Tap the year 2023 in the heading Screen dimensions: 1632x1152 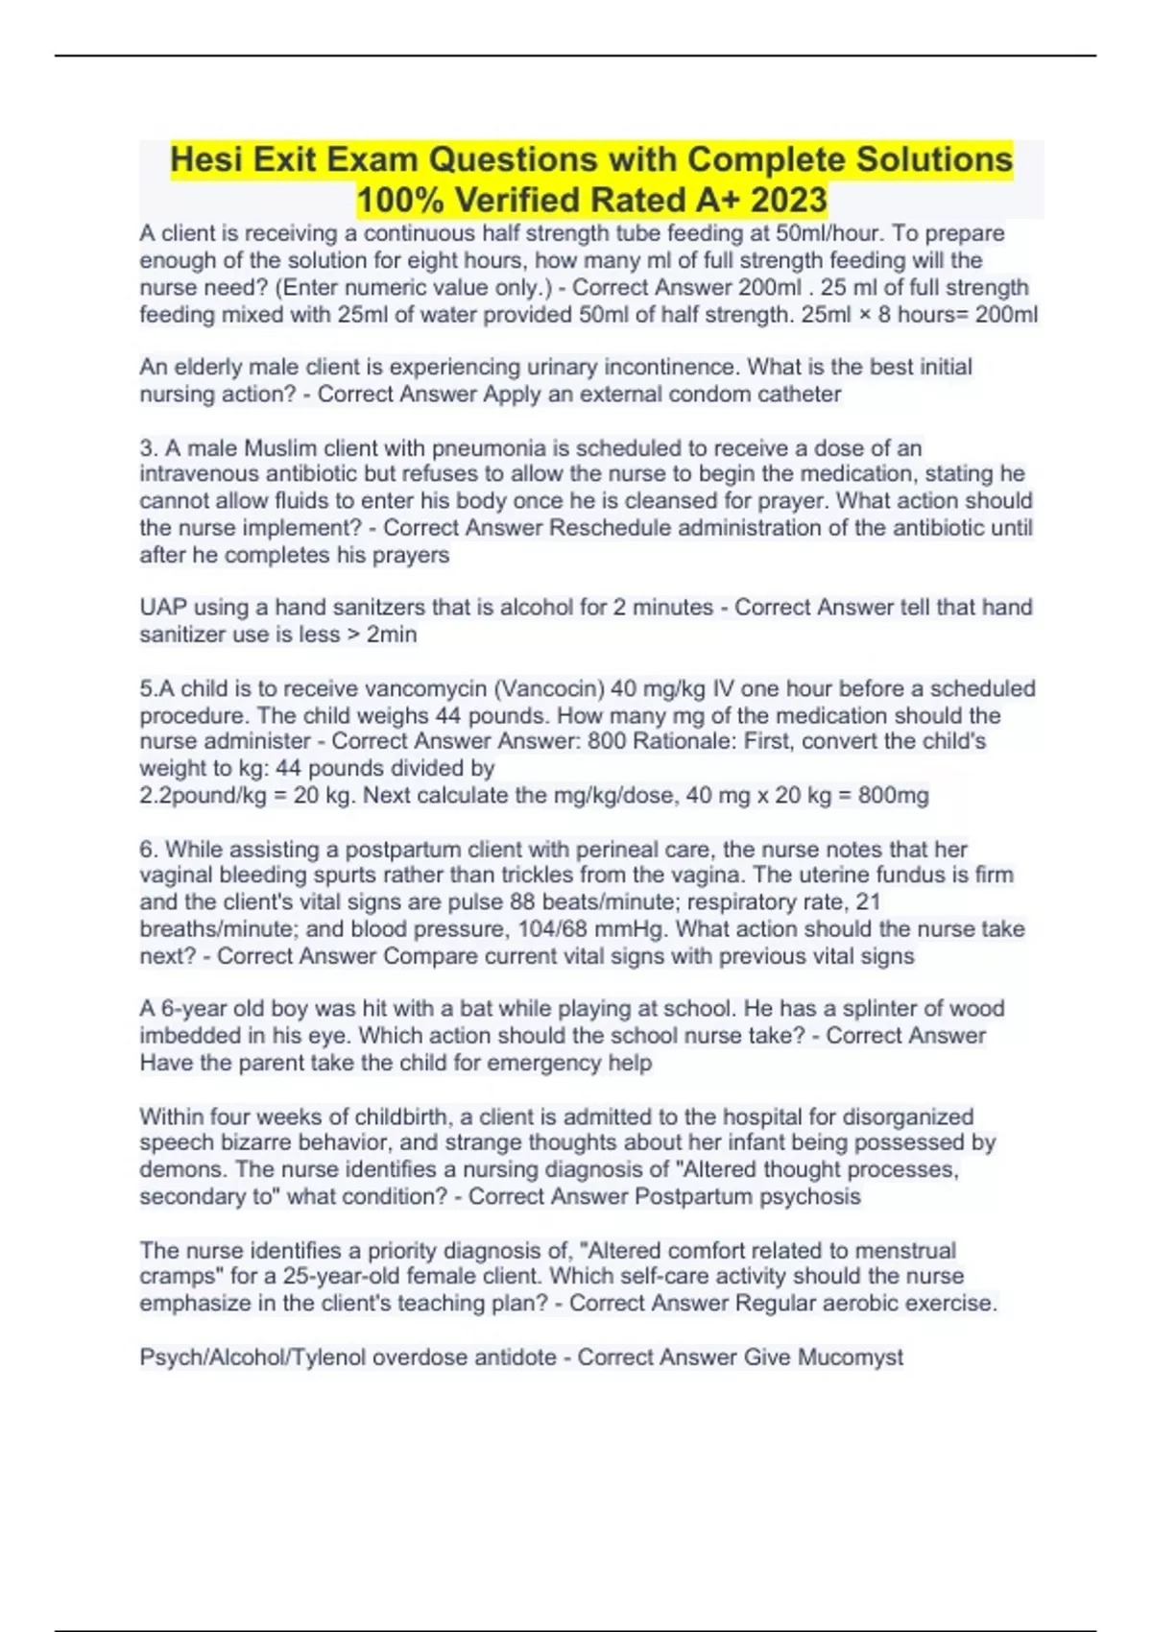tap(788, 200)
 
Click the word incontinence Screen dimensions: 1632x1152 tap(679, 367)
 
